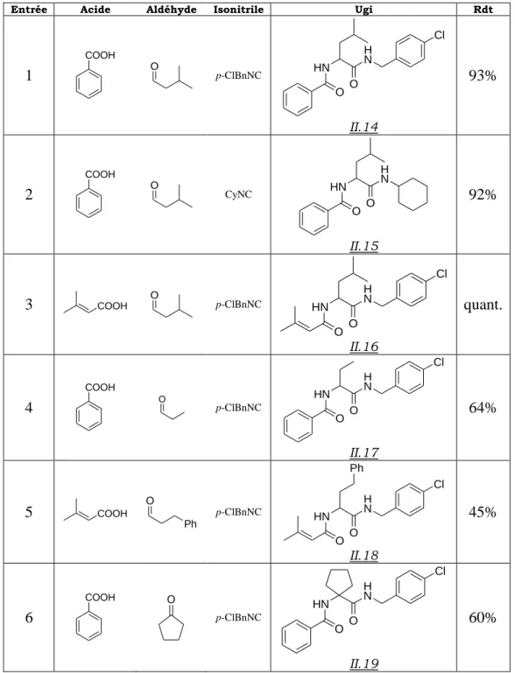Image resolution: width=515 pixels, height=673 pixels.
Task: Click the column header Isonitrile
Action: [x=238, y=10]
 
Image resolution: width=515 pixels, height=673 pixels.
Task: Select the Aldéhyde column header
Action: [x=171, y=10]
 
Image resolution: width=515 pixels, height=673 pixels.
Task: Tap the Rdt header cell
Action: [x=483, y=10]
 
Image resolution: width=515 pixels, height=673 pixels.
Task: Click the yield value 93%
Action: [x=483, y=76]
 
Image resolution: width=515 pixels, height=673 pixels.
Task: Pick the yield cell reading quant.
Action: [x=483, y=305]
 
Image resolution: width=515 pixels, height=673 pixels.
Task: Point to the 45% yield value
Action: [x=483, y=512]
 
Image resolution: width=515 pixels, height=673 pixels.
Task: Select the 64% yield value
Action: [x=483, y=407]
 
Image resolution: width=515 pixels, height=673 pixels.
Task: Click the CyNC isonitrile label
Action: [x=238, y=194]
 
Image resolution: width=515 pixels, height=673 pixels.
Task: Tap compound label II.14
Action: [x=363, y=127]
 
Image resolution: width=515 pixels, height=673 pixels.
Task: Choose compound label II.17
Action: [x=363, y=452]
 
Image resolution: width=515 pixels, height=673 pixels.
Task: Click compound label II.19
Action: [x=363, y=663]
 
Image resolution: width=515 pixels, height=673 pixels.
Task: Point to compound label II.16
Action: [x=363, y=347]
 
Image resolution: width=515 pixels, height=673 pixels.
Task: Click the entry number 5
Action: [x=28, y=512]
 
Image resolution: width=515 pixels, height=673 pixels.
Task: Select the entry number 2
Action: [x=28, y=194]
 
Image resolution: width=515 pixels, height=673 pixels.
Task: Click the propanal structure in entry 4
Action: [x=171, y=407]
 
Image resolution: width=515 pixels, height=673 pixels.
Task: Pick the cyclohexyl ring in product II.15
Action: [x=413, y=193]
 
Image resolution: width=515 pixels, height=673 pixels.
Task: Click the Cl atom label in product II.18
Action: [x=439, y=485]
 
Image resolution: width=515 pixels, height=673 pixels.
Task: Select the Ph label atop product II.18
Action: [x=357, y=467]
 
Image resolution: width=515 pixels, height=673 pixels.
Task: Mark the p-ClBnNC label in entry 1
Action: [x=238, y=76]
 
